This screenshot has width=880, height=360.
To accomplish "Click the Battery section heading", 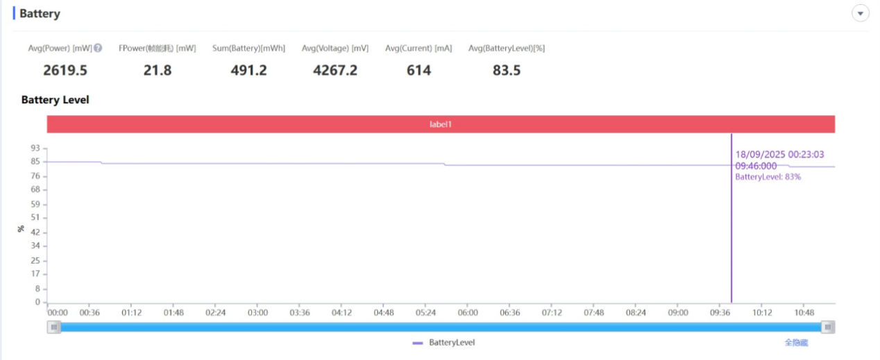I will tap(40, 14).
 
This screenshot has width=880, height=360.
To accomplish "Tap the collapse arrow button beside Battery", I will tap(861, 14).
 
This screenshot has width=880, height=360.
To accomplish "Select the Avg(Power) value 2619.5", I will tap(65, 70).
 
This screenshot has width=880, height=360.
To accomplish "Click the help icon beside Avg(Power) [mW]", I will tap(99, 48).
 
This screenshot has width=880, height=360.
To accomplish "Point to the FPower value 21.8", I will tap(158, 70).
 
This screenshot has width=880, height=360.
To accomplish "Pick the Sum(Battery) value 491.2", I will tap(248, 70).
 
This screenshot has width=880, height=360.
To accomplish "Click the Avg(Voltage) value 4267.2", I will tap(335, 70).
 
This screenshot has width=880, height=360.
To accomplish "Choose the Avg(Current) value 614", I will tap(418, 70).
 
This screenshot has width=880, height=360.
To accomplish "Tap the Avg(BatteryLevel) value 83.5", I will tap(507, 70).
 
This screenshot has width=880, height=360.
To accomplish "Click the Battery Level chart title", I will tap(56, 100).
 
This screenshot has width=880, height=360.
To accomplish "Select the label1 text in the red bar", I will tap(441, 124).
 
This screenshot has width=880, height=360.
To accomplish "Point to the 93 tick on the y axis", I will tap(35, 148).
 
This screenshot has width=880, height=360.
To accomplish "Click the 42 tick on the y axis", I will tap(35, 232).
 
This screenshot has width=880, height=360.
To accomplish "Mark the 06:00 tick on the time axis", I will tap(468, 313).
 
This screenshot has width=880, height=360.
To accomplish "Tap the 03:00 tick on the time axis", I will tap(257, 313).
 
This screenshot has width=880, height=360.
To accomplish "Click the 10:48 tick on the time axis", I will tap(804, 313).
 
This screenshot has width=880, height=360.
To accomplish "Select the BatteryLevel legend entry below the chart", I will tap(444, 343).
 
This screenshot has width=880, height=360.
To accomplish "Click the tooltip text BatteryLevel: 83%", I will tap(768, 177).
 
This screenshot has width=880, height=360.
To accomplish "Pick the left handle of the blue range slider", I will tap(54, 327).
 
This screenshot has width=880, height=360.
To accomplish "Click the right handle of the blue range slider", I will tap(827, 327).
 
